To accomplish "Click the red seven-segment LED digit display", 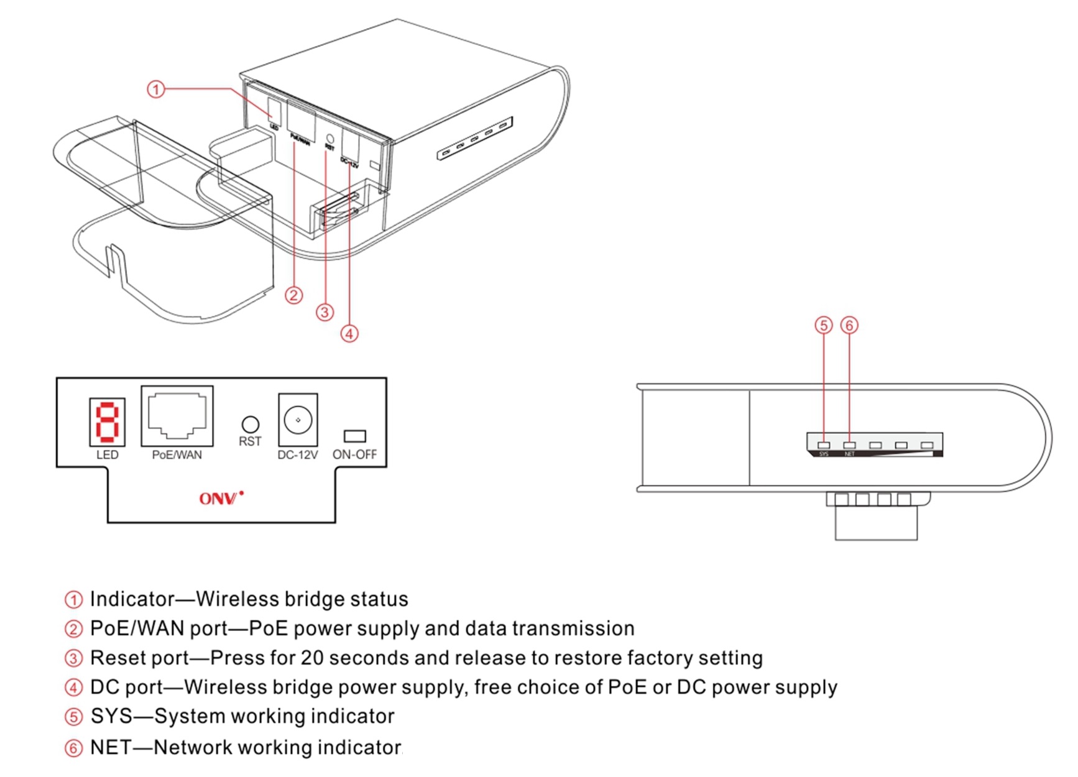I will (x=107, y=422).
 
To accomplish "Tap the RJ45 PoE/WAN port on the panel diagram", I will (x=177, y=415).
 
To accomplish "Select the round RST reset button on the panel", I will (x=250, y=425).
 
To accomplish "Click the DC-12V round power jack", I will (x=298, y=420).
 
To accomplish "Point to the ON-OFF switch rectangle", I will (x=354, y=436).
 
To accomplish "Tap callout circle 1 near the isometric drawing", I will (x=156, y=90).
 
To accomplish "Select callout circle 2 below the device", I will (x=294, y=295).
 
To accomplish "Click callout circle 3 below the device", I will (x=325, y=312).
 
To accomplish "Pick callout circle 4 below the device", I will (x=349, y=334).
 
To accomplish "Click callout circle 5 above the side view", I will (x=824, y=325).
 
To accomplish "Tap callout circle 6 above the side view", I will (x=849, y=325).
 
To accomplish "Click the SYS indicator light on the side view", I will (x=824, y=445).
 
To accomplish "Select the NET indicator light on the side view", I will (x=849, y=445).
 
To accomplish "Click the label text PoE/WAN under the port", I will (x=177, y=455).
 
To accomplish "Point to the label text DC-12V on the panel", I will (x=297, y=455).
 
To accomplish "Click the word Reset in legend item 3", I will (x=114, y=658).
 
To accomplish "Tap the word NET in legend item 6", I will (x=110, y=747).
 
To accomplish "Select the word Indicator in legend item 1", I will (x=132, y=599).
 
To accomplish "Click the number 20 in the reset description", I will (x=312, y=658).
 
